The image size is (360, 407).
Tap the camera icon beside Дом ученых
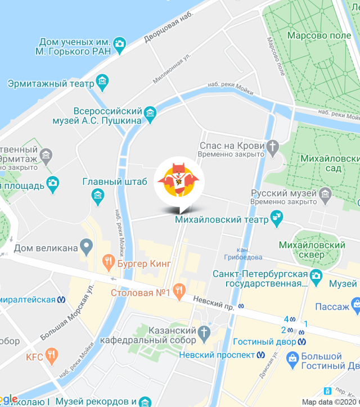coord(119,43)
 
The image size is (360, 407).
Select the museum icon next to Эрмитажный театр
coord(102,84)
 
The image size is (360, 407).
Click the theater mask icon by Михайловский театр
coord(276,216)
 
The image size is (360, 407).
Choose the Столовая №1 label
coord(140,293)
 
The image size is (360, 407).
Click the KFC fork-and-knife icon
coord(52,355)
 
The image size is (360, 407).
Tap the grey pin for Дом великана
coord(86,246)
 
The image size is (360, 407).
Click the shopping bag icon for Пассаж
coord(355,306)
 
